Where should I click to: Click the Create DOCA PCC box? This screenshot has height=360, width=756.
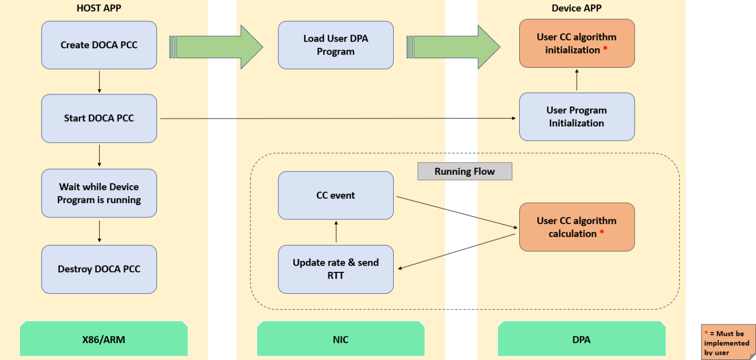point(99,45)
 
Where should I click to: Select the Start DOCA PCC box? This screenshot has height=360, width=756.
point(99,119)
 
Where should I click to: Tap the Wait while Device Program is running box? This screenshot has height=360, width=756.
point(99,193)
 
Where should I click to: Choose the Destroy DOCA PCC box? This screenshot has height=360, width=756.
point(99,269)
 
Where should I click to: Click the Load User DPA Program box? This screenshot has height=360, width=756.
point(335,45)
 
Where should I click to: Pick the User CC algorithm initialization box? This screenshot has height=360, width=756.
point(576,44)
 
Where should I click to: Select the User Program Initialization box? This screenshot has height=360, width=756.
point(576,117)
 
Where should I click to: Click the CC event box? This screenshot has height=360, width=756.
point(335,195)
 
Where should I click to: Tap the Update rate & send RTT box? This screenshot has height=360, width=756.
point(335,269)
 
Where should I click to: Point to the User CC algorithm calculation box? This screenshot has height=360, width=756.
point(576,227)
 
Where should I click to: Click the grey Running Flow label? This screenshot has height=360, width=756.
point(465,172)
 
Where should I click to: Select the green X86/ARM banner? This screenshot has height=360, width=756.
point(104,340)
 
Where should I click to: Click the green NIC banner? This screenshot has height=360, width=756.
point(341,340)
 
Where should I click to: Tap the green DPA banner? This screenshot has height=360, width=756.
point(581,340)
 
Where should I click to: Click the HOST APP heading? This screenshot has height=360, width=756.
point(99,8)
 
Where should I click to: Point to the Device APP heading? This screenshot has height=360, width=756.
point(576,8)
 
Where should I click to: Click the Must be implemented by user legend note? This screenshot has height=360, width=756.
point(728,342)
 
